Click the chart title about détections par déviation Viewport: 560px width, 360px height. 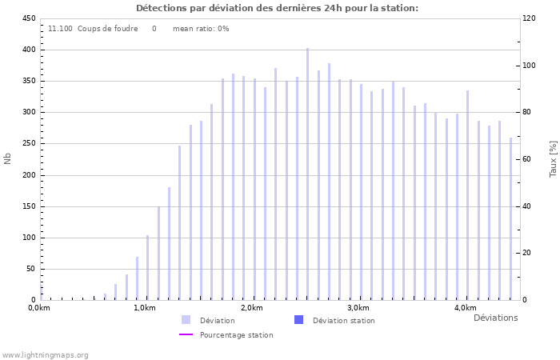[277, 8]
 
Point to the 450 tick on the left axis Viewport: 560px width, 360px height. [28, 18]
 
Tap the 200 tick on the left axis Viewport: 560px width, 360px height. [28, 175]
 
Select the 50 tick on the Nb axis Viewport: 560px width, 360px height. [30, 269]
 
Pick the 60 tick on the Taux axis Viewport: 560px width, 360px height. [528, 159]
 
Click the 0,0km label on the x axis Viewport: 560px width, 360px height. [39, 308]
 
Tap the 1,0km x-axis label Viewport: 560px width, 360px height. [145, 308]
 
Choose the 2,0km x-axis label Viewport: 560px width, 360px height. [251, 308]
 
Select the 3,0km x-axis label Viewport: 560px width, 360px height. [358, 308]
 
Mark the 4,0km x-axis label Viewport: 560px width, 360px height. [465, 308]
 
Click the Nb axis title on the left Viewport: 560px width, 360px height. [8, 158]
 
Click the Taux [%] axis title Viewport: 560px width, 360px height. [553, 158]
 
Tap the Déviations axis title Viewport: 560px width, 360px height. [495, 318]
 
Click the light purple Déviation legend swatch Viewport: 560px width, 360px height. [186, 320]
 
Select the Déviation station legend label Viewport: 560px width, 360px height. [343, 321]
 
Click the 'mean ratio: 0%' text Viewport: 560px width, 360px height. [201, 29]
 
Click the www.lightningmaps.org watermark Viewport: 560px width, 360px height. [45, 354]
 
